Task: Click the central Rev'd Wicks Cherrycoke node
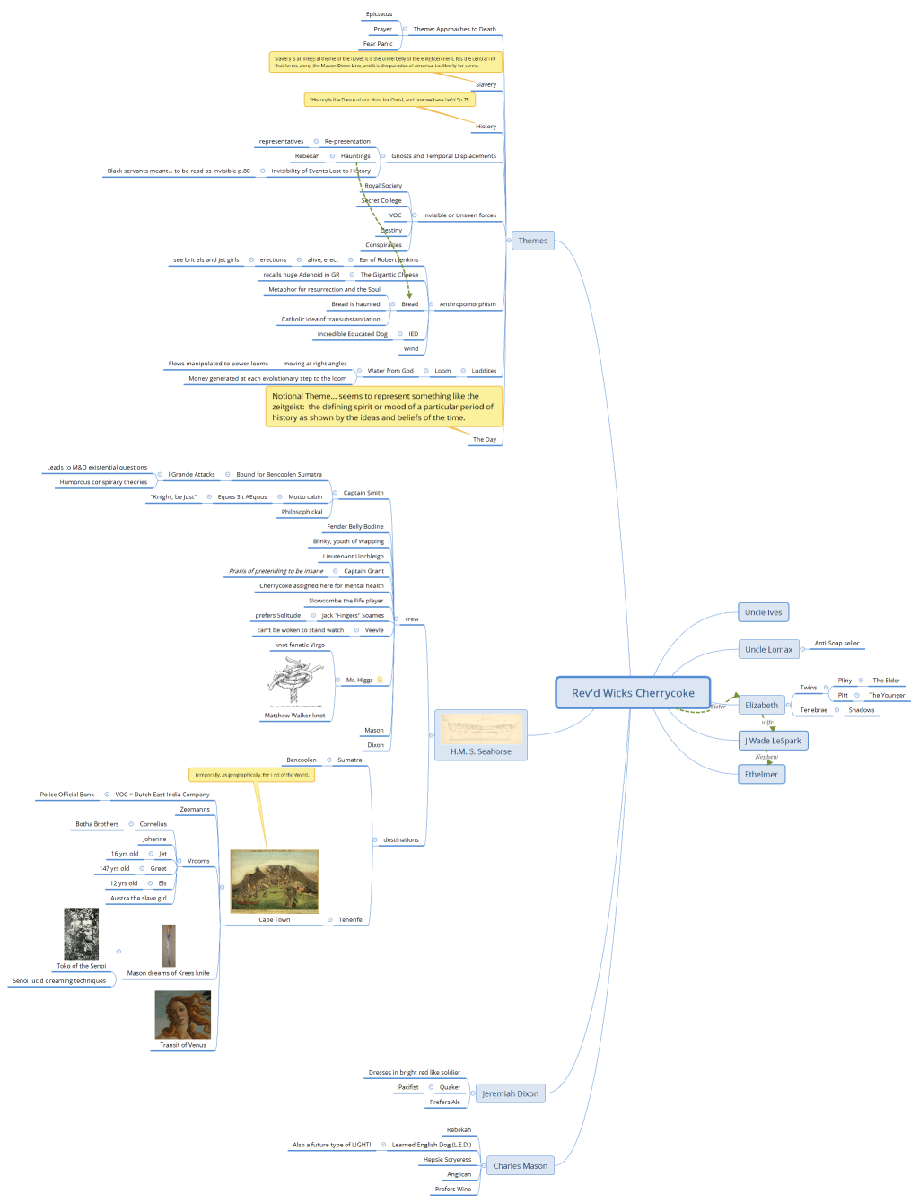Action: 633,692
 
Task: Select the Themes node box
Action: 532,241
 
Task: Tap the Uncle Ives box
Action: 763,612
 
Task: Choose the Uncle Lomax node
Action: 768,649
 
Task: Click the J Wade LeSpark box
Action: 773,741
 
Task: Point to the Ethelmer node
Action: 761,774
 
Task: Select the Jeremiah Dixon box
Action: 510,1093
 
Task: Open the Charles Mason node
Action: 520,1165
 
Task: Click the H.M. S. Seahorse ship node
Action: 481,734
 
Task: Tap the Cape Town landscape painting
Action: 274,882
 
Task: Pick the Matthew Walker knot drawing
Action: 294,682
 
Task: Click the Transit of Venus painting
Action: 182,1014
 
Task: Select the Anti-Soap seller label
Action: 836,643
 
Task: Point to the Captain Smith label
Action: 363,493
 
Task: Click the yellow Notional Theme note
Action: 383,407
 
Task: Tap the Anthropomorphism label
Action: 468,304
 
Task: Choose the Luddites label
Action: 484,371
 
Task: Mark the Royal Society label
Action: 383,186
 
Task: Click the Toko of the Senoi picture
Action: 81,934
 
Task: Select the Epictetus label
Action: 379,14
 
